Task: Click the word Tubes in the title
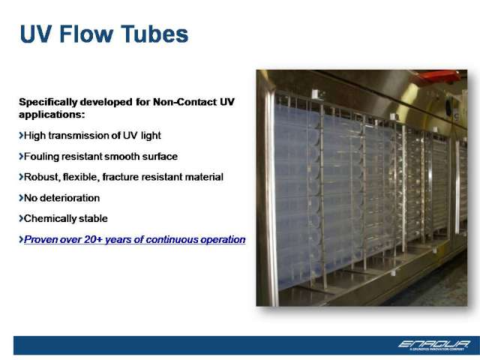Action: tap(154, 34)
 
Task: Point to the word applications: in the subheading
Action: tap(52, 115)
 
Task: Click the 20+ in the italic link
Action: tap(93, 239)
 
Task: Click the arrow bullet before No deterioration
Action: tap(21, 198)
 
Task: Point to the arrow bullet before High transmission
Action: tap(21, 135)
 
